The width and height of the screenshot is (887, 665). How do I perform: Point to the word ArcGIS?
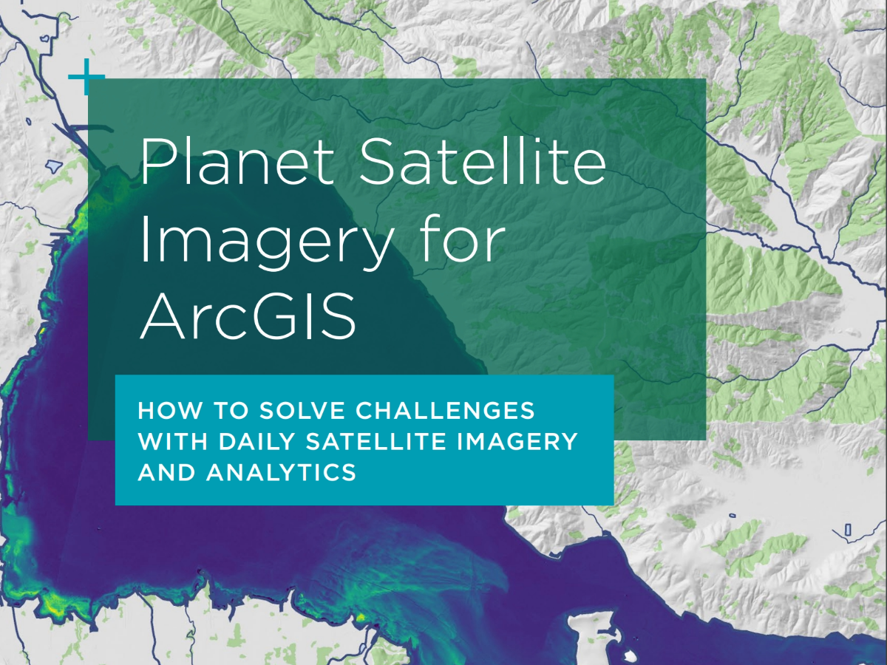(x=248, y=315)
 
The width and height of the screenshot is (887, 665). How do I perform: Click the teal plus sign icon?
(x=86, y=77)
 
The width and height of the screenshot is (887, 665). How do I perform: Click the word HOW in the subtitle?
(x=170, y=411)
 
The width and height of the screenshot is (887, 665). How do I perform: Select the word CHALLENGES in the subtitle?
(x=444, y=411)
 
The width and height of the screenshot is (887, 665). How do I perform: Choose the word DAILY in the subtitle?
(x=256, y=441)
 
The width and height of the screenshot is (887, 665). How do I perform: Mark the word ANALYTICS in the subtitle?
(x=281, y=472)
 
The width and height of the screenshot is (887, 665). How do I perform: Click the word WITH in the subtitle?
(x=172, y=441)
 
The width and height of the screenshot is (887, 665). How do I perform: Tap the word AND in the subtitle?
(x=166, y=472)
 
